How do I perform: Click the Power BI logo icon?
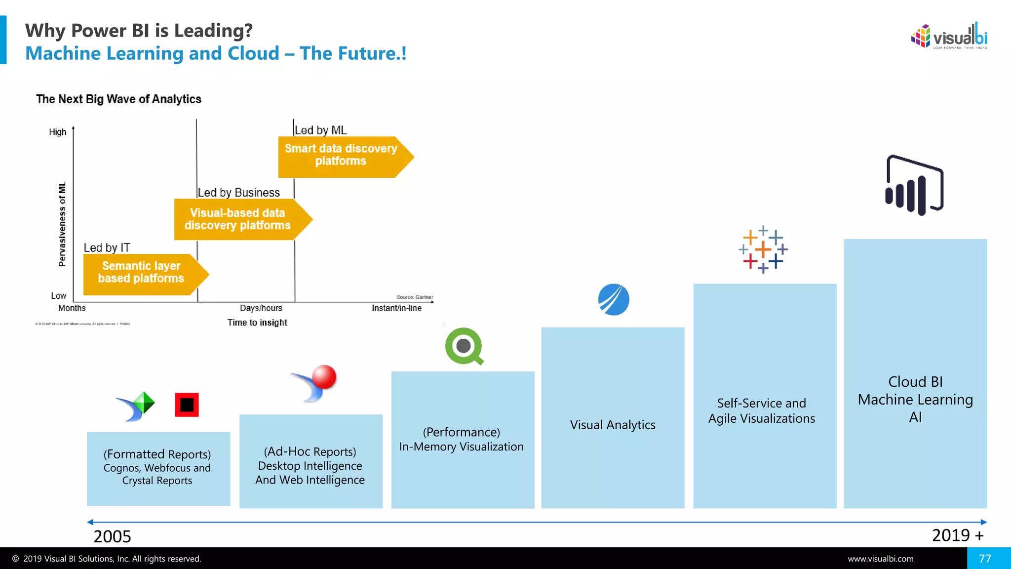point(914,185)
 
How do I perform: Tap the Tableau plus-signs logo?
point(763,249)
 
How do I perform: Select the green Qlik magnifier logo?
point(464,346)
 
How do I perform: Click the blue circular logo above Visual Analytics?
point(614,299)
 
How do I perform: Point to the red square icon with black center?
point(187,405)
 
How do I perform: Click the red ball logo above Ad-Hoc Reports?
point(316,383)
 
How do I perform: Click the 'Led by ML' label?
point(321,130)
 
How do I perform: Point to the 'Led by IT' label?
point(107,247)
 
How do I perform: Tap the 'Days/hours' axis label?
point(261,308)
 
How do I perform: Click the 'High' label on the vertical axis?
point(58,132)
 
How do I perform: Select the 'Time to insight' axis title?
point(257,323)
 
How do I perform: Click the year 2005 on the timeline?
point(113,536)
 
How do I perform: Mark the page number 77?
point(985,559)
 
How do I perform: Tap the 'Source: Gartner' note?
point(415,297)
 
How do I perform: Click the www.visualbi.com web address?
point(881,559)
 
